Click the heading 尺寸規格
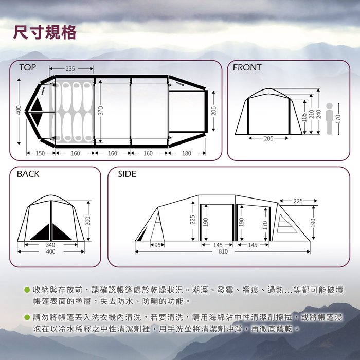pos(45,32)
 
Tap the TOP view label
pos(28,67)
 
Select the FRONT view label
pos(247,67)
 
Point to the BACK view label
pos(28,174)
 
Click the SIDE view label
pos(127,174)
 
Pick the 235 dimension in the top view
pos(70,68)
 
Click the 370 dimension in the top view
pos(101,111)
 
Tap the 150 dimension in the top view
pos(40,153)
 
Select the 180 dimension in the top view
pos(186,153)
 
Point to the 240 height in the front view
pos(319,114)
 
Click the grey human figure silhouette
pos(329,118)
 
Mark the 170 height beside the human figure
pos(338,119)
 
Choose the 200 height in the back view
pos(88,221)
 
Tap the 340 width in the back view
pos(50,245)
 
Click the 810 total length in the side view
pos(223,251)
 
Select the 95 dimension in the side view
pos(157,245)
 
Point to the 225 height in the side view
pos(193,220)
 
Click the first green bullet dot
pos(27,290)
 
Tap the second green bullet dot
pos(27,317)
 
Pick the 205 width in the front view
pos(268,138)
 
